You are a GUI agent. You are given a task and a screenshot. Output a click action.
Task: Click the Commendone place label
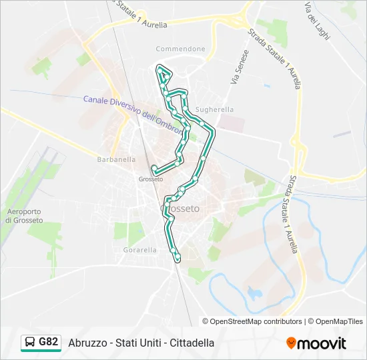pos(180,49)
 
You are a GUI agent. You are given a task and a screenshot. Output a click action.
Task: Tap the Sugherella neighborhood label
pos(214,109)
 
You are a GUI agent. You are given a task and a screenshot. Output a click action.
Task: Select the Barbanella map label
pos(116,159)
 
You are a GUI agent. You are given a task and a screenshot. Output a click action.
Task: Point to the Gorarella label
pos(139,250)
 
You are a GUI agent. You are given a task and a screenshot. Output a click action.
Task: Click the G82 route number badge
pos(48,342)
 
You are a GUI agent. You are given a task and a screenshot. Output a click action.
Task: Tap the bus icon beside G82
pos(30,343)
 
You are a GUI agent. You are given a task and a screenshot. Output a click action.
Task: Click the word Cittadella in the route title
pos(192,343)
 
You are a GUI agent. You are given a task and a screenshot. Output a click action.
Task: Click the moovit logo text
pos(322,343)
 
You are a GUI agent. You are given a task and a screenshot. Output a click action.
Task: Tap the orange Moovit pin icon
pos(291,343)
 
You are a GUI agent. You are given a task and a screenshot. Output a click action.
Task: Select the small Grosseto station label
pos(150,179)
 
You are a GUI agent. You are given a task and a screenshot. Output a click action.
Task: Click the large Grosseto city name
pos(181,209)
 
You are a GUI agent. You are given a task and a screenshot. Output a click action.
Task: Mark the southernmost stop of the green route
pos(177,257)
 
